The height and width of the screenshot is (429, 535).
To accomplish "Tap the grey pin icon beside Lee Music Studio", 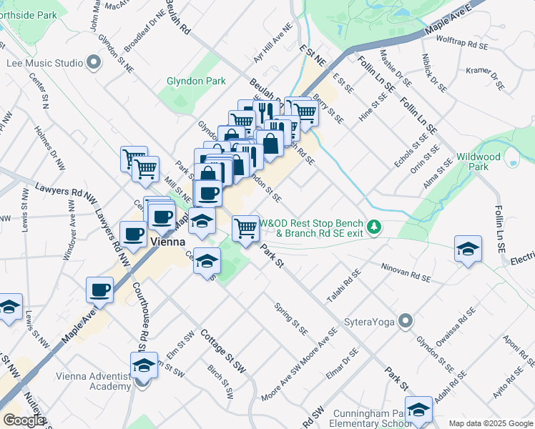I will (94, 63).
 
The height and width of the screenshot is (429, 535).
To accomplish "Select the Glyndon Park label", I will (191, 82).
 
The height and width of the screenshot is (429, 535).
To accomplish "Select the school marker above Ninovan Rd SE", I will (468, 250).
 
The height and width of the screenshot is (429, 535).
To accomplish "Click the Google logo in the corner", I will (24, 420).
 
